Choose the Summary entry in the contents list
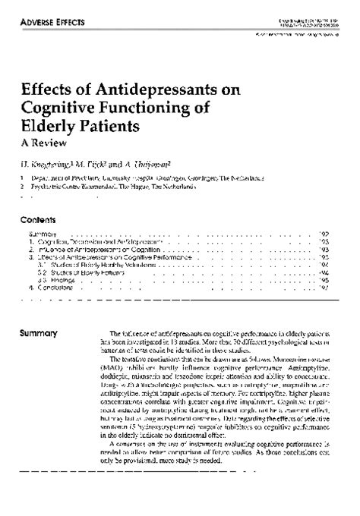pyautogui.click(x=38, y=235)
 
